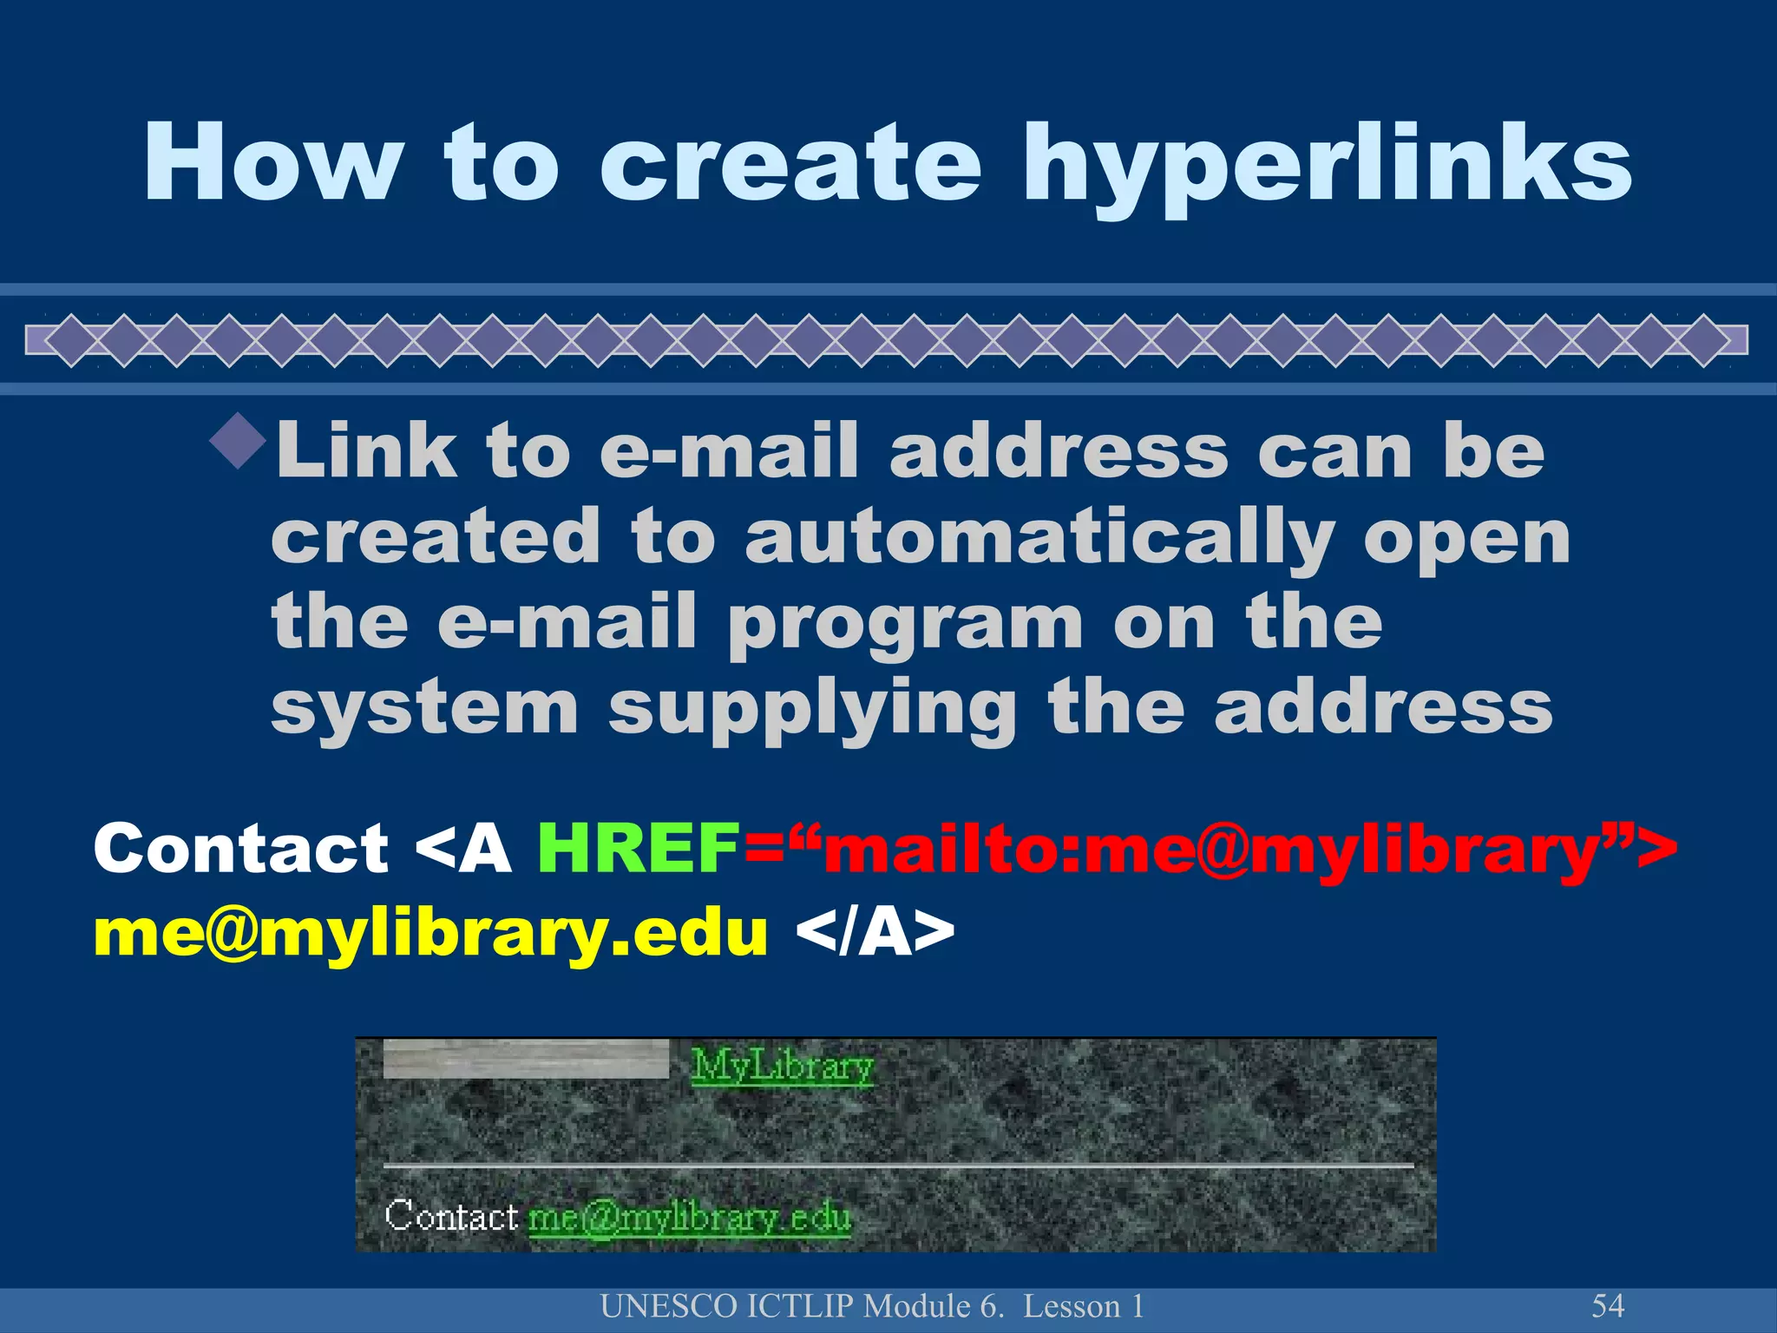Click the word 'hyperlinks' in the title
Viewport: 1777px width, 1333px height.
(x=1327, y=165)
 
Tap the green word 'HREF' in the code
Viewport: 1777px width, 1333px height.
(x=639, y=848)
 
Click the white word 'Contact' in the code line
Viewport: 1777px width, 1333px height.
(x=241, y=848)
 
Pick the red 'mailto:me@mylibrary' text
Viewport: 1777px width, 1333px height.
(x=1210, y=850)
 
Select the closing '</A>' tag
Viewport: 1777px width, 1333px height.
(x=875, y=934)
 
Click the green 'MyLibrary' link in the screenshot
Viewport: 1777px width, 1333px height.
(x=782, y=1066)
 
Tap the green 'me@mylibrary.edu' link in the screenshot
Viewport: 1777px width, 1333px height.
(x=689, y=1218)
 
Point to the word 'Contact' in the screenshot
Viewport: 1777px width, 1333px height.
(x=451, y=1216)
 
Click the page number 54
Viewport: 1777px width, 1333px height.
(x=1608, y=1305)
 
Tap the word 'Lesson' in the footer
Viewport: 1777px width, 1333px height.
(x=1072, y=1306)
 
